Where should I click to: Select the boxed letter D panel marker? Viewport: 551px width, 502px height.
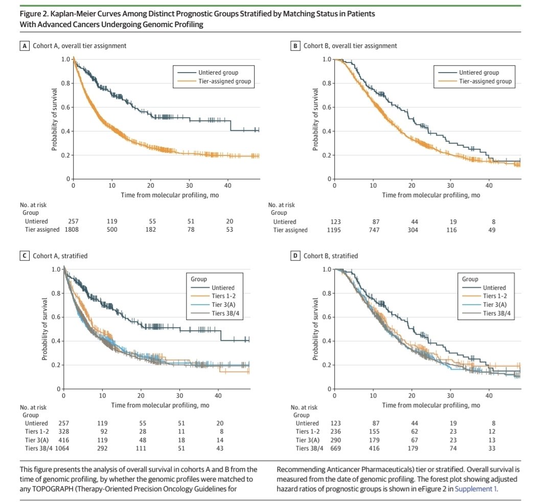point(295,256)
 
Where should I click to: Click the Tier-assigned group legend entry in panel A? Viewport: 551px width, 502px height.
point(226,82)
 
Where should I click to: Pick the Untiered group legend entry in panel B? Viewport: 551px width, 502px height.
point(478,73)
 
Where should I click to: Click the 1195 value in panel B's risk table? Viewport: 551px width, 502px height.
point(333,230)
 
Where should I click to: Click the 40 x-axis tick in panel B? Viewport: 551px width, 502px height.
point(489,185)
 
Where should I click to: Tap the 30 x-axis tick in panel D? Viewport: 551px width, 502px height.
point(450,396)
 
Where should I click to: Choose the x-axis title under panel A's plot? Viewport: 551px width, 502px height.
point(166,195)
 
